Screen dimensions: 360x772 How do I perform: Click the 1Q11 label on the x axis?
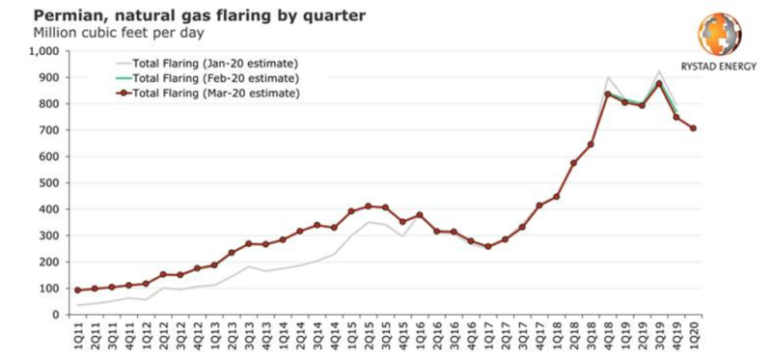pos(79,335)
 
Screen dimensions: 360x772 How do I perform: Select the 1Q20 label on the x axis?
pos(693,335)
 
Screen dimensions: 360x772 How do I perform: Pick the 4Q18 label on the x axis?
pos(607,335)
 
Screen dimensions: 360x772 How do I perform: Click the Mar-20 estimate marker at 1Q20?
pos(693,128)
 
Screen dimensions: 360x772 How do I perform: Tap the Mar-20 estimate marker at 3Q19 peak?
pos(659,84)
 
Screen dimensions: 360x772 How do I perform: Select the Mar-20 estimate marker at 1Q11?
pos(79,290)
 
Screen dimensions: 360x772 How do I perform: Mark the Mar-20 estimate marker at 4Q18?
pos(607,94)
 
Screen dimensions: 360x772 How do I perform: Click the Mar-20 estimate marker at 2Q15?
pos(368,206)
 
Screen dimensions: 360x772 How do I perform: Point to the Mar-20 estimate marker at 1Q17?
pos(487,246)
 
